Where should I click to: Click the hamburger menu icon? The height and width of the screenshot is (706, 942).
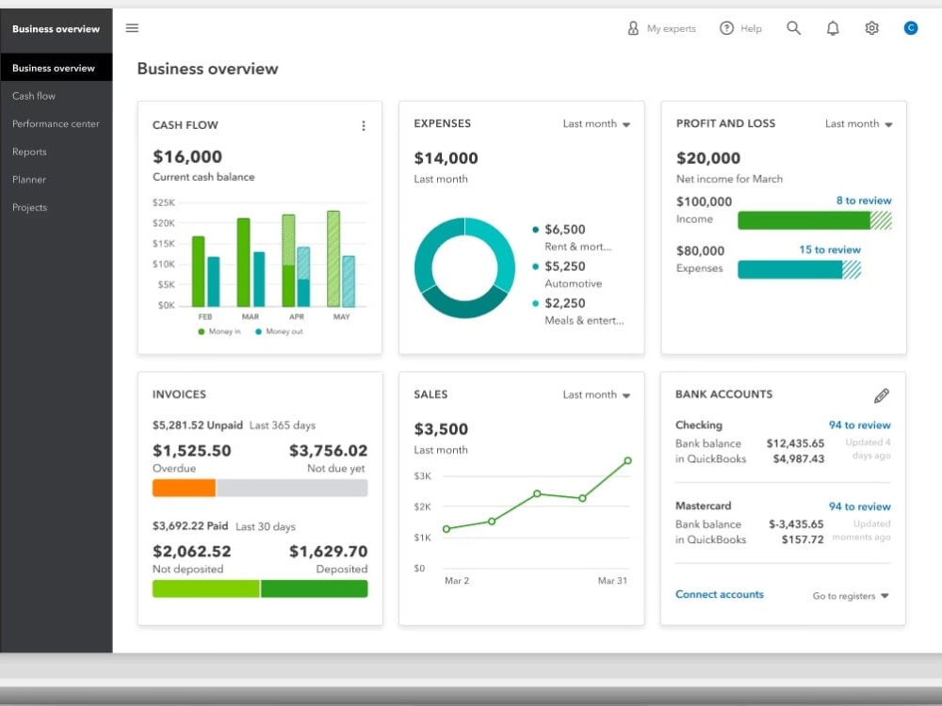132,28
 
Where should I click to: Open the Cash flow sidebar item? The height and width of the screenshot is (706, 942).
34,96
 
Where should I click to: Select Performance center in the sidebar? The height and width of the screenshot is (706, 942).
56,123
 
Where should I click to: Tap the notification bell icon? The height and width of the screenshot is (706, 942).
833,28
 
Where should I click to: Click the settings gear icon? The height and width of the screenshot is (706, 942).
871,28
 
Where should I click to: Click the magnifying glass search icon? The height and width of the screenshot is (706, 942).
793,28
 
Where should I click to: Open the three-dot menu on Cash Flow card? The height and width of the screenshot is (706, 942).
364,125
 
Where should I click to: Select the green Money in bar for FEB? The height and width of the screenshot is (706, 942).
198,271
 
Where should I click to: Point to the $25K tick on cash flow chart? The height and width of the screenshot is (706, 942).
163,202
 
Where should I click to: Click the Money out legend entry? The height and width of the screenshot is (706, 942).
280,331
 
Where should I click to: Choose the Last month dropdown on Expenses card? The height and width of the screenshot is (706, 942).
596,123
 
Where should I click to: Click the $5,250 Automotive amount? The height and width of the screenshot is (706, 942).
564,266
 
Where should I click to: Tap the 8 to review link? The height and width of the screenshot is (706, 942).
864,201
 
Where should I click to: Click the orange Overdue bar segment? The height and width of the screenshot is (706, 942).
184,488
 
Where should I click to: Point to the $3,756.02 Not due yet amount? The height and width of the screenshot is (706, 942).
328,450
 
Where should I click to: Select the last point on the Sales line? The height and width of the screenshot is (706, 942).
627,460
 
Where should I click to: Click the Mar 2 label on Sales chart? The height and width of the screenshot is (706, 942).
457,581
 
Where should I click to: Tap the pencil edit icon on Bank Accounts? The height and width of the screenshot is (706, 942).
882,395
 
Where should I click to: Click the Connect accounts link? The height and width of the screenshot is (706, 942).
719,594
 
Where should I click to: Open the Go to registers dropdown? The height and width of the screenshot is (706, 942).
850,596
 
